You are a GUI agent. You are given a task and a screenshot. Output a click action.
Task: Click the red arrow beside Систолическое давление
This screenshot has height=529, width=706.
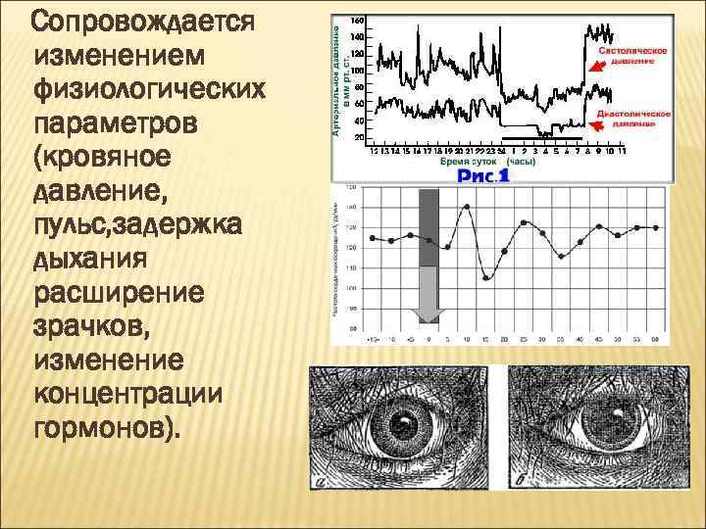click(592, 69)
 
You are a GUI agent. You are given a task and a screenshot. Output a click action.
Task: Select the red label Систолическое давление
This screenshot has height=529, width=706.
click(634, 54)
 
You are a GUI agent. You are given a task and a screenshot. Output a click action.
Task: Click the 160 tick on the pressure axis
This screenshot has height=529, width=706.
click(358, 21)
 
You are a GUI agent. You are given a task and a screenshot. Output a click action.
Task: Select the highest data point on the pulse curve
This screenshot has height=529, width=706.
click(467, 206)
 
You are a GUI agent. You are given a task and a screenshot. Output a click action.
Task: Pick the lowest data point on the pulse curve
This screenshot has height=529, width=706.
click(486, 278)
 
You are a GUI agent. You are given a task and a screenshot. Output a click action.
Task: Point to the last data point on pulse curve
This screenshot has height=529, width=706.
click(655, 227)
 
